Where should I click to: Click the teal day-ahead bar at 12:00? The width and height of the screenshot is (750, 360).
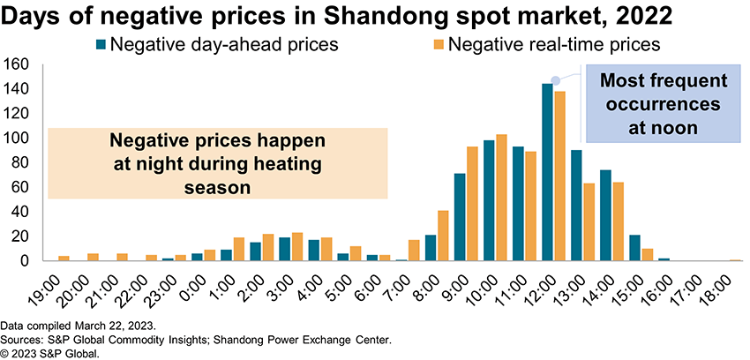point(547,173)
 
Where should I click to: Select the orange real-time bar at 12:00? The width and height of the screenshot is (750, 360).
point(559,176)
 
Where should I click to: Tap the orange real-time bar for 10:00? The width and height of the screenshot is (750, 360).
point(501,198)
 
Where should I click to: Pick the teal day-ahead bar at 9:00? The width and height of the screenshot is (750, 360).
point(460,217)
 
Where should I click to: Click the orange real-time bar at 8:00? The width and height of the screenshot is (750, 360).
point(443,236)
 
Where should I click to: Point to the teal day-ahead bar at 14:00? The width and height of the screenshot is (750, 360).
point(605,215)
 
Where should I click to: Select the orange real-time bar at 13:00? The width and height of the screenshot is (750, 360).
point(589,221)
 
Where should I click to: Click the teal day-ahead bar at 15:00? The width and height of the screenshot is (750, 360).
point(634,248)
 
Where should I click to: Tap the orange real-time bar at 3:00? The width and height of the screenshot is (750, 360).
point(296,247)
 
